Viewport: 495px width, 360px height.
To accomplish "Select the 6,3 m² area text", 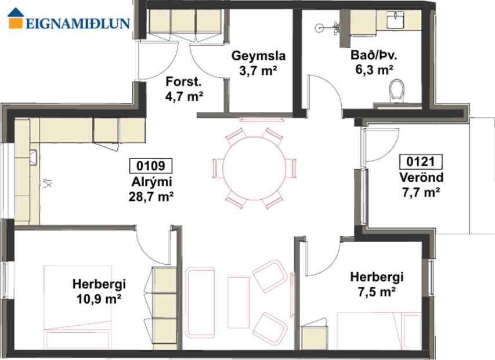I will pos(374,70).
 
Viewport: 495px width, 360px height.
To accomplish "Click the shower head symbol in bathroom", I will pos(335,26).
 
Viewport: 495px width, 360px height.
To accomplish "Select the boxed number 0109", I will pos(150,166).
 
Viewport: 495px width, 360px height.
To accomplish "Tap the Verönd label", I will pos(421,177).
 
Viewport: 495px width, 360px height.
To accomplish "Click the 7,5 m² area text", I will pos(377,291).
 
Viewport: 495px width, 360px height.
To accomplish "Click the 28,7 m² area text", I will pos(151,196).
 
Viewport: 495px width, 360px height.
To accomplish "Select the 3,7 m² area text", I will pos(258,70).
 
